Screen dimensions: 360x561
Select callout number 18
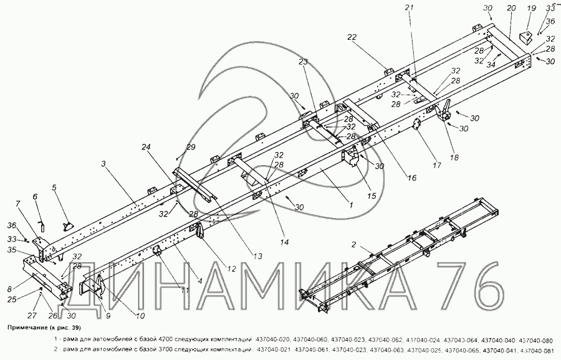tap(454, 158)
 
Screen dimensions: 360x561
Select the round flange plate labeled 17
tap(416, 126)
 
